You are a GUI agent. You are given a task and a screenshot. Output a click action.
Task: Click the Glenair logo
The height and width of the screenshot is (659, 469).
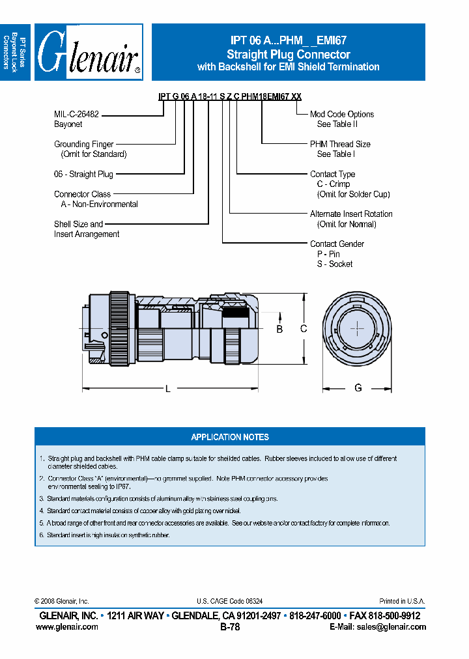pos(89,52)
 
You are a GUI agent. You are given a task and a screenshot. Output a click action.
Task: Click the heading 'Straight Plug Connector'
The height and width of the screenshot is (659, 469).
pos(288,55)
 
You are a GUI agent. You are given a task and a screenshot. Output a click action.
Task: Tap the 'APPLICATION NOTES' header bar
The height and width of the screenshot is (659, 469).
pos(230,437)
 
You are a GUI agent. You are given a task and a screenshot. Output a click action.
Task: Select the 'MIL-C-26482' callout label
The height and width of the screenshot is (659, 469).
pos(76,114)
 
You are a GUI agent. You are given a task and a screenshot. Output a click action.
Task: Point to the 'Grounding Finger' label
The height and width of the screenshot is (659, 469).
pos(83,145)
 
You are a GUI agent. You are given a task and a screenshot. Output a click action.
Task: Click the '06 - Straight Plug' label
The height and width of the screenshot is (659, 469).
pos(83,175)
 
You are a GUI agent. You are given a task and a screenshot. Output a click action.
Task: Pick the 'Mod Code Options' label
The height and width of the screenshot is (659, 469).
pos(341,114)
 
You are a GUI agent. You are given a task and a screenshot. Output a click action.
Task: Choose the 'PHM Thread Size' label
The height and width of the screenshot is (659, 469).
pos(340,145)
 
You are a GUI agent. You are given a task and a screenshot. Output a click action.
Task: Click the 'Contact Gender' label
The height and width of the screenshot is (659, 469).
pos(337,244)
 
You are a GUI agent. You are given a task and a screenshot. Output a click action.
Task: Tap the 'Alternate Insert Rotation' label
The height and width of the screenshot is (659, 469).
pos(351,214)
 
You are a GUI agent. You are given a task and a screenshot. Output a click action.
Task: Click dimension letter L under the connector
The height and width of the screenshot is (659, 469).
pos(167,389)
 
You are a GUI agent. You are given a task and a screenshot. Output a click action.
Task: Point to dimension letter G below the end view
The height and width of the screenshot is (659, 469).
pos(358,388)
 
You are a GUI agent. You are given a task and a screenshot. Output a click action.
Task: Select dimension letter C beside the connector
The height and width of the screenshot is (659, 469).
pos(304,329)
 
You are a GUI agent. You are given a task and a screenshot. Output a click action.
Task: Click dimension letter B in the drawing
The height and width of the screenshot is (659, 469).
pos(279,329)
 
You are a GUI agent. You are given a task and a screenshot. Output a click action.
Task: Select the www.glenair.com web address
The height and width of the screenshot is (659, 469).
pos(67,627)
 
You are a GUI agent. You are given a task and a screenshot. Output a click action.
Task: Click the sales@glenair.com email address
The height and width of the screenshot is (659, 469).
pos(390,627)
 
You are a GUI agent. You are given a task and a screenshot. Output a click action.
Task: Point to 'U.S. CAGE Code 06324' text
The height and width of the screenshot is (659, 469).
pos(229,602)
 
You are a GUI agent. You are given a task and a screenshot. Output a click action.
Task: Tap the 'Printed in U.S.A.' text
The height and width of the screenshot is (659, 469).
pos(402,602)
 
